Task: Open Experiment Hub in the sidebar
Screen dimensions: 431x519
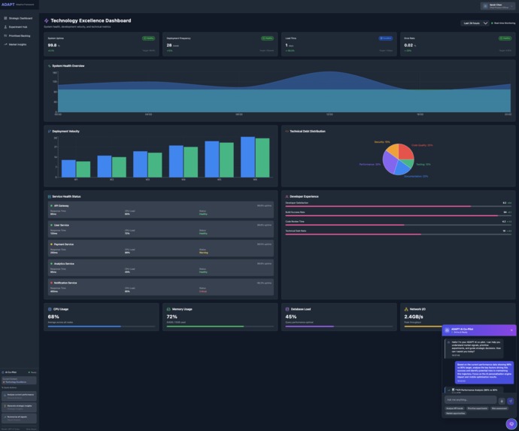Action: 18,26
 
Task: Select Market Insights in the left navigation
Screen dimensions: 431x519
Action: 18,44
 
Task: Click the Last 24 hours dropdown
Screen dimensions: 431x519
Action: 475,23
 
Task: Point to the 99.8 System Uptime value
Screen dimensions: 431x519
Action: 52,45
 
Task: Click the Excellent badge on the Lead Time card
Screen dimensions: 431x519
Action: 385,38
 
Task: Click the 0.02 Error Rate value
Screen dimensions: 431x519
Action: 408,45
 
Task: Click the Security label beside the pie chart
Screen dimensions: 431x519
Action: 382,141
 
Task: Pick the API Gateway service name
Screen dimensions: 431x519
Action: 60,205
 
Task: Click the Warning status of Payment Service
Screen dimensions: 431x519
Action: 204,253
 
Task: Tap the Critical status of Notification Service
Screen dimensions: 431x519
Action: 203,291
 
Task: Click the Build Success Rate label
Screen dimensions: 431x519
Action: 295,212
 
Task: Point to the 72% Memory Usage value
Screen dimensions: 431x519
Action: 171,317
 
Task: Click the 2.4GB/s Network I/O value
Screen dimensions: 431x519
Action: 414,317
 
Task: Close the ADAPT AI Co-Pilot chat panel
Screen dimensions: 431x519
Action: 511,330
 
